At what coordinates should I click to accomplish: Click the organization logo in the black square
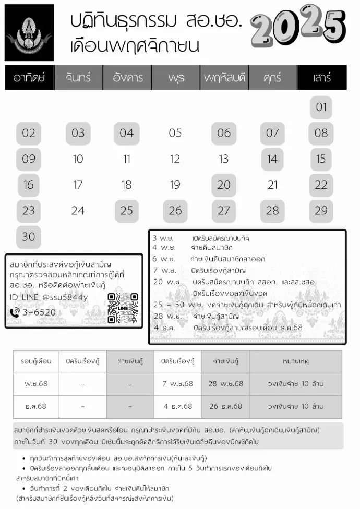click(x=29, y=32)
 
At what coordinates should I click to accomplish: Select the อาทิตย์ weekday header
click(x=29, y=78)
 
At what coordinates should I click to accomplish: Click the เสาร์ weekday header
click(x=322, y=78)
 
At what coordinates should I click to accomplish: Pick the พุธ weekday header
click(x=176, y=78)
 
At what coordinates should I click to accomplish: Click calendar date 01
click(x=321, y=107)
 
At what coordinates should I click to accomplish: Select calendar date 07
click(x=272, y=133)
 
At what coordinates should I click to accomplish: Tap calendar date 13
click(x=224, y=159)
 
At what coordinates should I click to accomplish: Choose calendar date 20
click(x=224, y=185)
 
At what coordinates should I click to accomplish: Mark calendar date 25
click(x=126, y=211)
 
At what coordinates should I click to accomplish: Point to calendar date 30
click(x=29, y=237)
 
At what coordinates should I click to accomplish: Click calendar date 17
click(x=78, y=185)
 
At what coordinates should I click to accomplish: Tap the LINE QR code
click(x=123, y=308)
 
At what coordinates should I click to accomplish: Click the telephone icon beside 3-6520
click(x=15, y=313)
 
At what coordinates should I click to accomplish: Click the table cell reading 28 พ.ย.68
click(x=225, y=384)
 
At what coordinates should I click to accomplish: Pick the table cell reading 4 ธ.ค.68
click(x=178, y=406)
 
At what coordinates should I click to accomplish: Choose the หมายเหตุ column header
click(x=295, y=361)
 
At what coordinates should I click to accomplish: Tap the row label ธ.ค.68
click(x=35, y=406)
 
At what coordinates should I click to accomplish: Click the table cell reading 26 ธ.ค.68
click(x=225, y=406)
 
